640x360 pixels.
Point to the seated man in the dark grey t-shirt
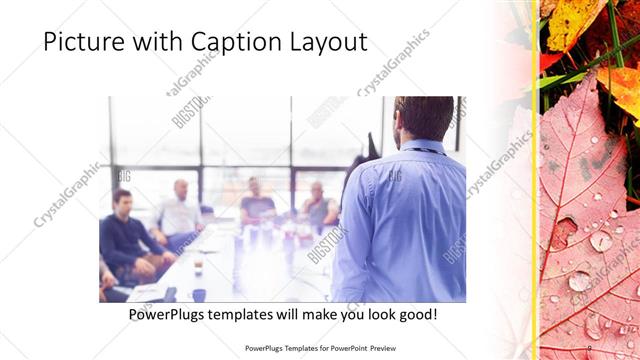pyautogui.click(x=256, y=205)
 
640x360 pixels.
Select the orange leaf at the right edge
pyautogui.click(x=624, y=90)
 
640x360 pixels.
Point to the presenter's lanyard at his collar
pyautogui.click(x=425, y=150)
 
